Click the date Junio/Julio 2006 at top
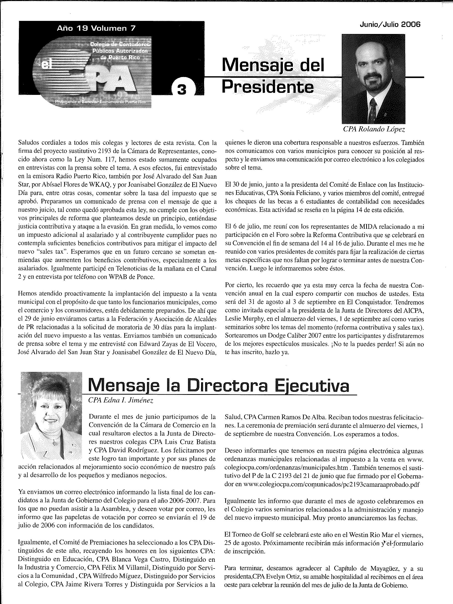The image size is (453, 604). (390, 25)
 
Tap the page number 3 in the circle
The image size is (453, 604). (181, 90)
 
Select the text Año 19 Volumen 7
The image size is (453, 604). (96, 28)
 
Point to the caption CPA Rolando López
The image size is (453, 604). (374, 129)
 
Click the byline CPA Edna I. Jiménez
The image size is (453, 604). (121, 400)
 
